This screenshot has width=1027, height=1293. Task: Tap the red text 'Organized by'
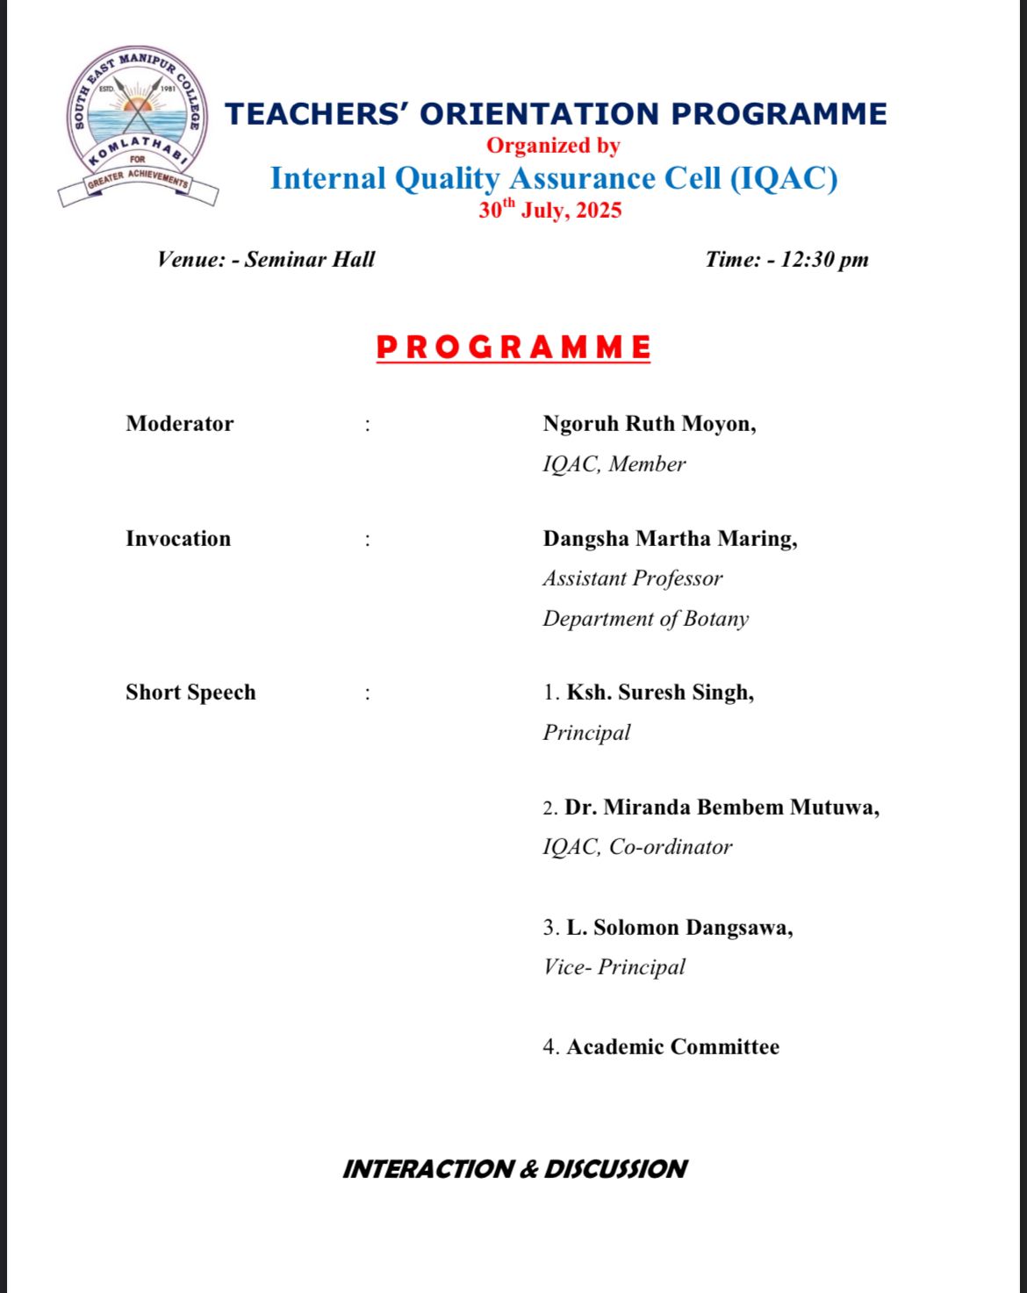[x=553, y=146]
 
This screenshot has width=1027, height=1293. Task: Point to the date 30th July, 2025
[x=550, y=211]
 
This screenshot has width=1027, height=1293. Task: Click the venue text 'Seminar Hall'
[x=310, y=259]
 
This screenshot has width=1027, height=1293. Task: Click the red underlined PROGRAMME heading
[x=513, y=348]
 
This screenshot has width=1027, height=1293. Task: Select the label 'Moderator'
[x=180, y=424]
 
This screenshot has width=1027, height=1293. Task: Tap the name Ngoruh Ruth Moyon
[x=649, y=424]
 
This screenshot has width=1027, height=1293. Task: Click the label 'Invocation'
[x=178, y=539]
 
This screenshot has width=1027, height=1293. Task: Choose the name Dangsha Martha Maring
[x=670, y=539]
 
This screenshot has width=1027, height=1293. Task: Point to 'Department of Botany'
[x=646, y=619]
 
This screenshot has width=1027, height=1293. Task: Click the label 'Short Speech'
[x=190, y=693]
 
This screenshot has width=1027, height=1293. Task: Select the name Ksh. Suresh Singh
[x=660, y=693]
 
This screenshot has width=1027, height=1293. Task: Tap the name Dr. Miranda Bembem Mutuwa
[x=722, y=808]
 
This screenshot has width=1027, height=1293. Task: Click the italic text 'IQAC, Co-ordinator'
[x=637, y=847]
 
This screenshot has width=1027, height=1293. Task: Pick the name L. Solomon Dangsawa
[x=679, y=928]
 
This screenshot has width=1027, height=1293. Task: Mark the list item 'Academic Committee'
[x=672, y=1047]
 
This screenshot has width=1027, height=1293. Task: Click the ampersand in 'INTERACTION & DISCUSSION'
[x=529, y=1169]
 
